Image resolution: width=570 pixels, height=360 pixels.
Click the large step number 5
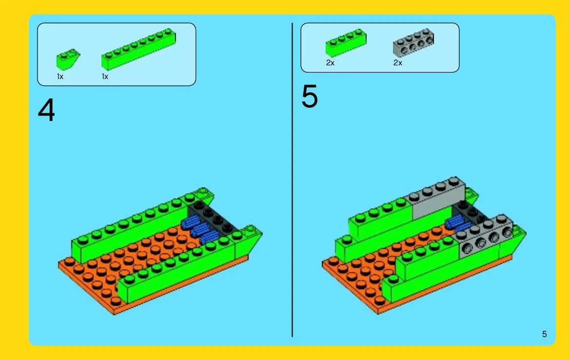pos(310,96)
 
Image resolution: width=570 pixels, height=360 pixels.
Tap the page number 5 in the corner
pos(544,334)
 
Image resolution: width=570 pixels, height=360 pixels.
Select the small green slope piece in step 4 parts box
pos(68,59)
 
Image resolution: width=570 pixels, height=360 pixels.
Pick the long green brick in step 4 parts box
pos(138,49)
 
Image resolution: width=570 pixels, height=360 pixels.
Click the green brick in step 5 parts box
pos(346,42)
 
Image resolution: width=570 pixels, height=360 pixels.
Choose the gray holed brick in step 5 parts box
pos(413,42)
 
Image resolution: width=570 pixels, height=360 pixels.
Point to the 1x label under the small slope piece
pos(60,77)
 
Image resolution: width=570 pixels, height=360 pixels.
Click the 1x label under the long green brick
pos(105,77)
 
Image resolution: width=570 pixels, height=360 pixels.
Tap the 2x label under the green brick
pos(330,63)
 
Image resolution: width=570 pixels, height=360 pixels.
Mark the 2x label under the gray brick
pos(398,63)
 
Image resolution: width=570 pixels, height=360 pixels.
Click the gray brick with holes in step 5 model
pos(485,237)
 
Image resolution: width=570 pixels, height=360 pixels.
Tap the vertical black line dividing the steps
pos(292,180)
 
